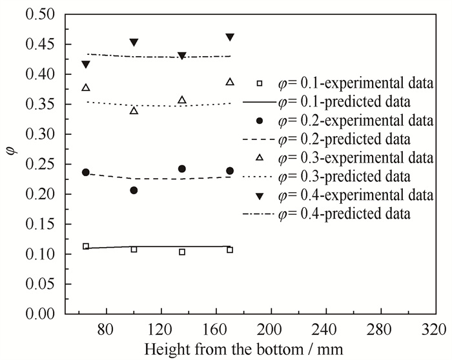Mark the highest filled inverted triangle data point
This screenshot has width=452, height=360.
click(x=230, y=37)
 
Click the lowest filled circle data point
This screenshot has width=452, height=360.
click(x=134, y=190)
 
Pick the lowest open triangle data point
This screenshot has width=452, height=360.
click(x=134, y=111)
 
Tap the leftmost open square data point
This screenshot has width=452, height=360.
click(x=86, y=246)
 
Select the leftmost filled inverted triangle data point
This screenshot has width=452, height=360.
click(x=86, y=65)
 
